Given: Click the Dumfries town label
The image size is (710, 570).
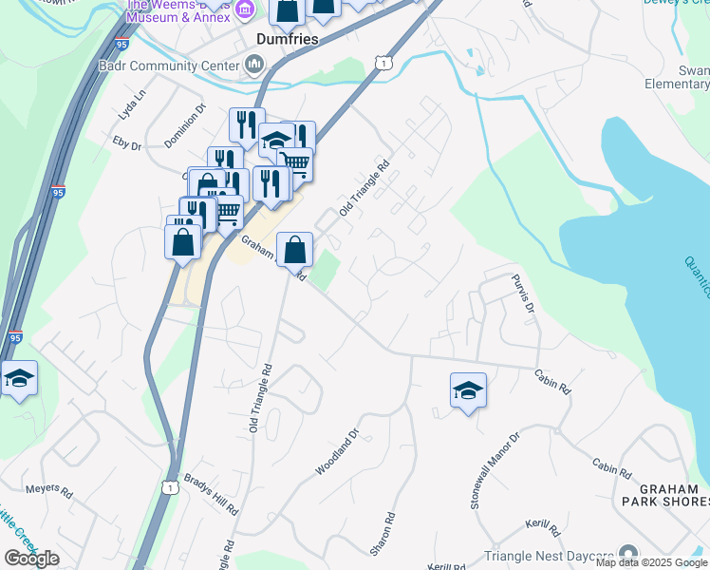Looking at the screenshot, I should click(287, 39).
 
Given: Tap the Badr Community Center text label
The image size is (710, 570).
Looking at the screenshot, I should click(169, 66).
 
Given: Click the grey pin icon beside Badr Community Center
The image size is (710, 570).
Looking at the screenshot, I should click(254, 66).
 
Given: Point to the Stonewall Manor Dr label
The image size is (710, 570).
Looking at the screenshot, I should click(495, 472).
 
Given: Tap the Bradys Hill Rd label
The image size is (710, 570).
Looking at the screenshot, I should click(211, 493).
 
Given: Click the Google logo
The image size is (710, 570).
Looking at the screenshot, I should click(32, 558).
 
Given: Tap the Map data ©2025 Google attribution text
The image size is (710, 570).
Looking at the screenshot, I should click(651, 563).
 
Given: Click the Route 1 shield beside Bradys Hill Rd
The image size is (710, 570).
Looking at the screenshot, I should click(170, 486).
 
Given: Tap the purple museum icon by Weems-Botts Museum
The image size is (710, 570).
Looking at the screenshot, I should click(244, 9).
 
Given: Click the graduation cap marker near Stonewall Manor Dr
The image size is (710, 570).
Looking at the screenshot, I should click(468, 390).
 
